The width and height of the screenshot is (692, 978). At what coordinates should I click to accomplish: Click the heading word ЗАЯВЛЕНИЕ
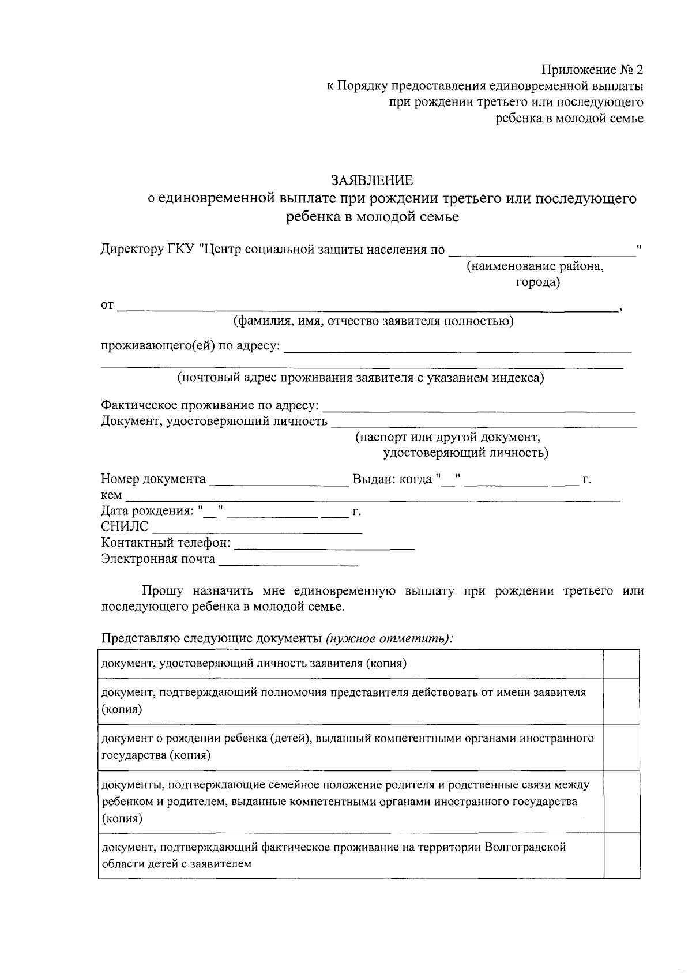tap(372, 180)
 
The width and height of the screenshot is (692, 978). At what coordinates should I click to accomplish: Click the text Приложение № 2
tap(592, 70)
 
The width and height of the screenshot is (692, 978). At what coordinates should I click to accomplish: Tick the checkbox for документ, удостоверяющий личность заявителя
tap(621, 663)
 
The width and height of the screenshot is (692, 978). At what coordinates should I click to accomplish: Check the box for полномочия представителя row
tap(621, 701)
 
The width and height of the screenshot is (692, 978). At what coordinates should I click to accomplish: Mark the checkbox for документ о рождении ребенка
tap(621, 747)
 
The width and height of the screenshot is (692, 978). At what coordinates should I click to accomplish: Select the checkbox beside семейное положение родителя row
tap(621, 801)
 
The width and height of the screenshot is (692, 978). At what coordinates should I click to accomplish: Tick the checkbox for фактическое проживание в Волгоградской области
tap(621, 855)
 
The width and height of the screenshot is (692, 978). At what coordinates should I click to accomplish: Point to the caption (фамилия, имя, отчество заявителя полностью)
tap(373, 321)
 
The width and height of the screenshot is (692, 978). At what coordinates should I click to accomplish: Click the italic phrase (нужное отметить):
tap(389, 638)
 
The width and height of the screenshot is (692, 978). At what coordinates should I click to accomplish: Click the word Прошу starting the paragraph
tap(163, 591)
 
